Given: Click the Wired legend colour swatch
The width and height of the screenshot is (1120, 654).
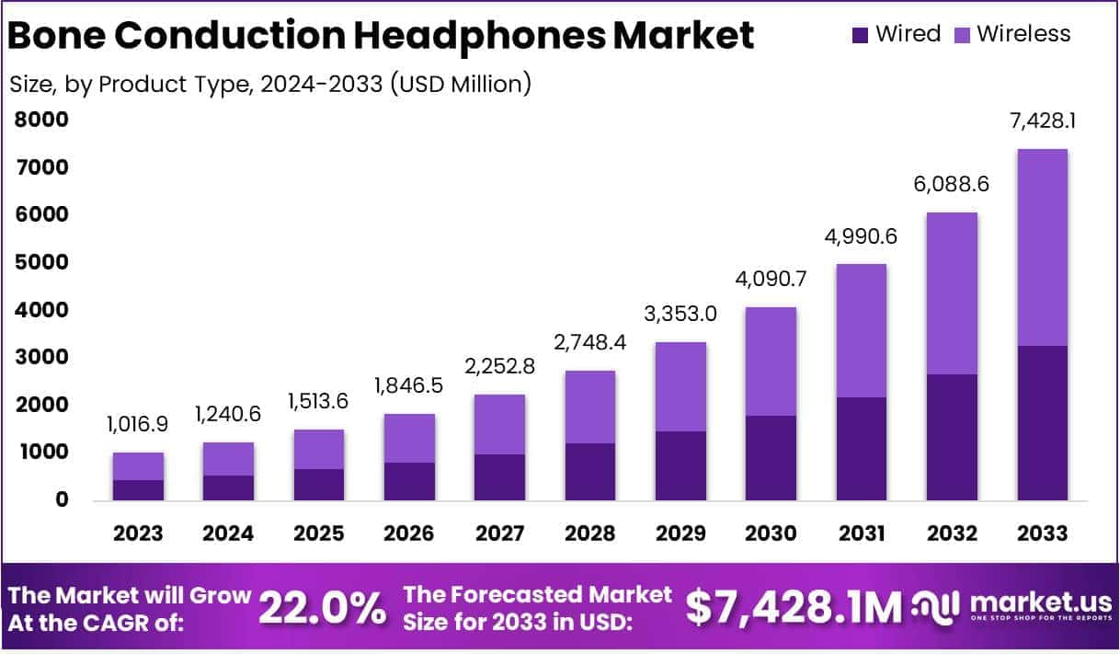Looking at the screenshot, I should (x=861, y=35).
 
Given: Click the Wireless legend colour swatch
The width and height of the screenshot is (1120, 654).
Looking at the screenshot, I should (x=962, y=35).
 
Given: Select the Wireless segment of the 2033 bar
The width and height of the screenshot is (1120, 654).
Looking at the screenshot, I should (x=1043, y=247).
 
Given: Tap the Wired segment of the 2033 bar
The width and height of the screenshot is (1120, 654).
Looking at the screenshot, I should (x=1043, y=423).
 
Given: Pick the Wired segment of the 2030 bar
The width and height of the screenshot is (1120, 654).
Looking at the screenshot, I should (x=771, y=458).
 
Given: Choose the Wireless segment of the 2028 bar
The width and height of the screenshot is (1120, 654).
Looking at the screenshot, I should (x=589, y=407).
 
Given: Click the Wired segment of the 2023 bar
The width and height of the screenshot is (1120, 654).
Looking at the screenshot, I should (x=138, y=490).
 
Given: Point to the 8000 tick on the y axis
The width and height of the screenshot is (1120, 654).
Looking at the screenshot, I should (x=41, y=120).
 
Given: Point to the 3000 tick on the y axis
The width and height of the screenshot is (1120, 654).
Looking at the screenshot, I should (x=41, y=357).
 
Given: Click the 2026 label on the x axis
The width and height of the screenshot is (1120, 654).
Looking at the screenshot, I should (x=409, y=534).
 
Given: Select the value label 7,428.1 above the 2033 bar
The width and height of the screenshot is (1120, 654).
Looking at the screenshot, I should (x=1043, y=121).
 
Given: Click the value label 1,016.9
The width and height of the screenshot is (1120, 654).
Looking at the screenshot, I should (x=138, y=425).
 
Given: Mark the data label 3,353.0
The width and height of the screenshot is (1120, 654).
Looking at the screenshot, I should (x=680, y=315).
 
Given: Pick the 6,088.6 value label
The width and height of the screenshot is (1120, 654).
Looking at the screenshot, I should (x=952, y=185).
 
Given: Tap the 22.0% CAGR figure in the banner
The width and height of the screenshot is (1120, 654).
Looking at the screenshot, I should (x=322, y=608).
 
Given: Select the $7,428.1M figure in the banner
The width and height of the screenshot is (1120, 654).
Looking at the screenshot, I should (x=794, y=608).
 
